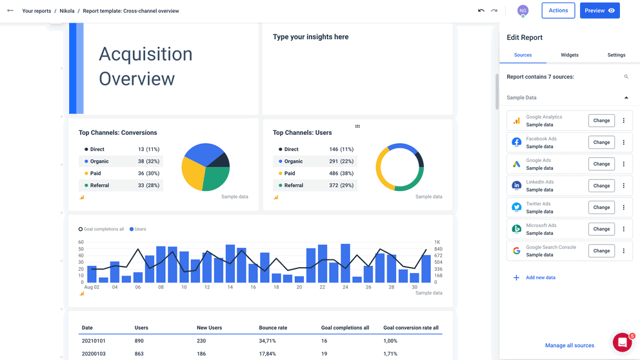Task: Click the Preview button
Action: click(599, 11)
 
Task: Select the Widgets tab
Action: click(570, 55)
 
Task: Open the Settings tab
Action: click(616, 55)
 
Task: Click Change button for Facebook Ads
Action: click(601, 143)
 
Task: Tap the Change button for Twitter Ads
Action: click(601, 208)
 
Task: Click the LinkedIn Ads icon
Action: click(517, 186)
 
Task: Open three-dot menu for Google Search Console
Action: click(624, 251)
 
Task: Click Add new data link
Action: click(540, 278)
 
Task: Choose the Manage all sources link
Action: click(569, 346)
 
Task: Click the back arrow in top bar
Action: click(10, 11)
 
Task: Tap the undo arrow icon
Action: click(481, 11)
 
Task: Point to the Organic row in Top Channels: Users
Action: click(316, 161)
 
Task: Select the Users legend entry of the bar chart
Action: click(138, 229)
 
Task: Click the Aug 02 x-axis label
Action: click(92, 287)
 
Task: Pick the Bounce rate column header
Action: click(273, 328)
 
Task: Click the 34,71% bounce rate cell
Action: click(268, 341)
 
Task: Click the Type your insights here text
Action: click(310, 37)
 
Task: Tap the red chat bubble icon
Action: click(622, 343)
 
